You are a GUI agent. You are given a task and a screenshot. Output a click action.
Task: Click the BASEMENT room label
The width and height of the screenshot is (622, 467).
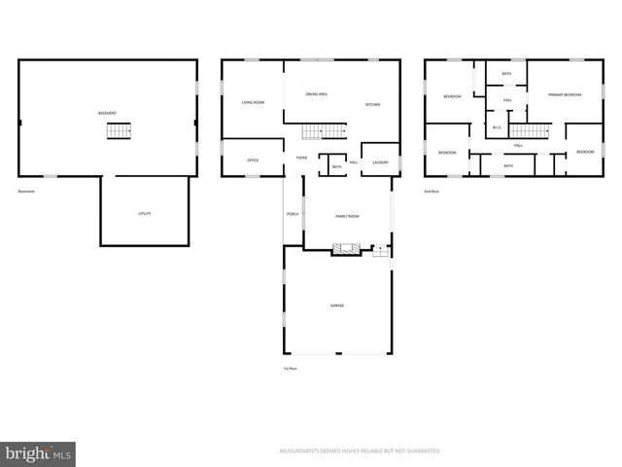(x=108, y=114)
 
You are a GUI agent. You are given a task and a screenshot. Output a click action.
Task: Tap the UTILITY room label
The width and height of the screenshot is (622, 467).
(x=144, y=213)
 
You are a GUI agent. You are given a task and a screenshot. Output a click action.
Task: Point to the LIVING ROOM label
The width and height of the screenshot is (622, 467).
(x=253, y=102)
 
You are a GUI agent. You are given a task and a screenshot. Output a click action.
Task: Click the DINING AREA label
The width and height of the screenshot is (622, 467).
(x=316, y=94)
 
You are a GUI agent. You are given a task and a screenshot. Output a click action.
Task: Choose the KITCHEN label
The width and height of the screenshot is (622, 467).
(x=372, y=104)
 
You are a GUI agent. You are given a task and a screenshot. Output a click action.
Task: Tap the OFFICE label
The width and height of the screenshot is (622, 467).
(x=253, y=160)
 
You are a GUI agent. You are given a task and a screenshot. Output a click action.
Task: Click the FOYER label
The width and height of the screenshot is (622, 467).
(x=301, y=158)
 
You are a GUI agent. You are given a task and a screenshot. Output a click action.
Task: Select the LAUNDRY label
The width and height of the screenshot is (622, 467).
(x=380, y=162)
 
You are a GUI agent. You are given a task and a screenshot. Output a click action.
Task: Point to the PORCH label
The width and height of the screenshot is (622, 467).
(x=292, y=214)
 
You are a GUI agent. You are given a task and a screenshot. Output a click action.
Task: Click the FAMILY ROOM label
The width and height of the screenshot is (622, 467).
(x=347, y=216)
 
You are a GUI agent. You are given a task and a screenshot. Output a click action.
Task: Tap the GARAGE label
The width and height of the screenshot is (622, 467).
(x=336, y=305)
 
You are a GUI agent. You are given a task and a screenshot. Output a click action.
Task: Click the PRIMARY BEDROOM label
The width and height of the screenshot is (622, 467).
(x=564, y=94)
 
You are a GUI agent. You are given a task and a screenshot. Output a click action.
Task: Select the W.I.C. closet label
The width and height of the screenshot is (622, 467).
(x=497, y=127)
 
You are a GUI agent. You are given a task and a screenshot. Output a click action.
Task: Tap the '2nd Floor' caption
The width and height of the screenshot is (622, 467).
(x=431, y=191)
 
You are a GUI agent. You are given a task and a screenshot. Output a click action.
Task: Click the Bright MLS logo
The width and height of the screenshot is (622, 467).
(x=38, y=453)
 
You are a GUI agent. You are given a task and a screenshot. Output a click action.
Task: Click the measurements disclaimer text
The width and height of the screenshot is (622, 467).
(x=360, y=451)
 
